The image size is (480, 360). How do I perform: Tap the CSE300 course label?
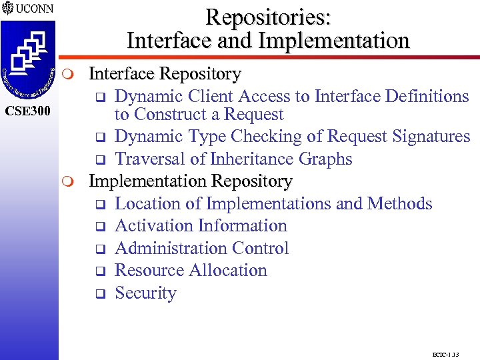[28, 109]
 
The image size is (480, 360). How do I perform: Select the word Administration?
[171, 248]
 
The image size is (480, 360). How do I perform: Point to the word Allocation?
[231, 271]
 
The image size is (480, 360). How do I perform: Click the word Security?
[146, 293]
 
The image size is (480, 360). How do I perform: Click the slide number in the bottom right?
[446, 353]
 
